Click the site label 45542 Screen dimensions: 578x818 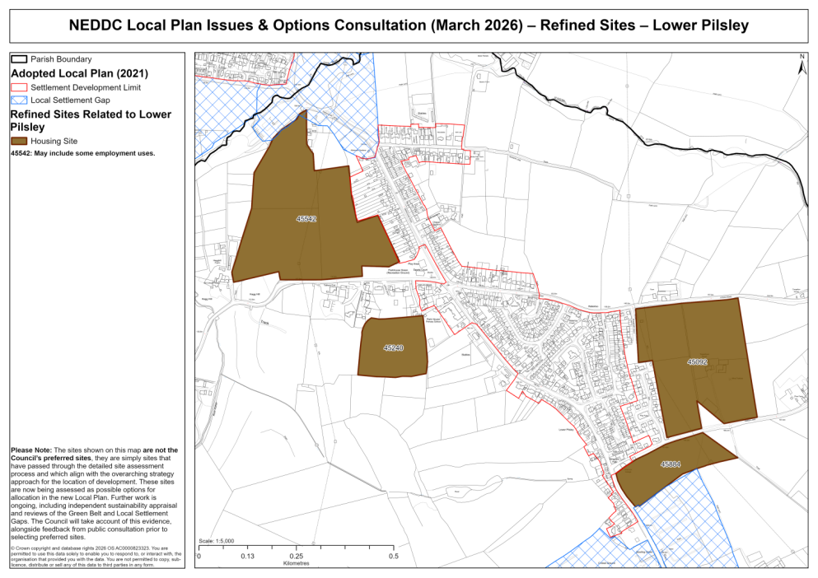[x=306, y=219]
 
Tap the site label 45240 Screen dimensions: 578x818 [x=394, y=348]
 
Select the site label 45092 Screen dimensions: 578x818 [x=698, y=361]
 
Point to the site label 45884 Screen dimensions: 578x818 [x=671, y=464]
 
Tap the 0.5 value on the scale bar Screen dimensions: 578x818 [x=394, y=557]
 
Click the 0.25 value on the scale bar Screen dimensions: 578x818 [x=294, y=557]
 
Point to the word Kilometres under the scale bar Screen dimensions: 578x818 [x=296, y=566]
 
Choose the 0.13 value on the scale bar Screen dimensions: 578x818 [x=246, y=557]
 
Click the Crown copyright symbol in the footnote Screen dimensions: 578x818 [x=12, y=548]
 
